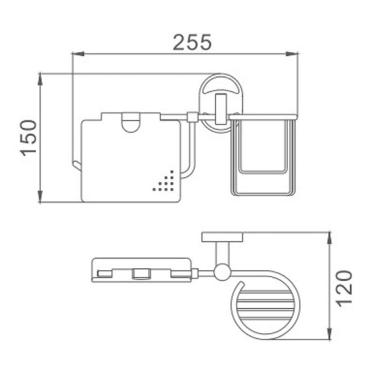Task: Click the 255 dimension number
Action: pyautogui.click(x=192, y=42)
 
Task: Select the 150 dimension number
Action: pyautogui.click(x=29, y=138)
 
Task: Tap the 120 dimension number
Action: pyautogui.click(x=345, y=288)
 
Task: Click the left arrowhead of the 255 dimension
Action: pyautogui.click(x=78, y=54)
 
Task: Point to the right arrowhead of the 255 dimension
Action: pyautogui.click(x=292, y=54)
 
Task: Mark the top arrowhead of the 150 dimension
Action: pyautogui.click(x=40, y=80)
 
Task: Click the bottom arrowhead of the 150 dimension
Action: pyautogui.click(x=40, y=196)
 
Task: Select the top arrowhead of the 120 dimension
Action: pyautogui.click(x=329, y=239)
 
